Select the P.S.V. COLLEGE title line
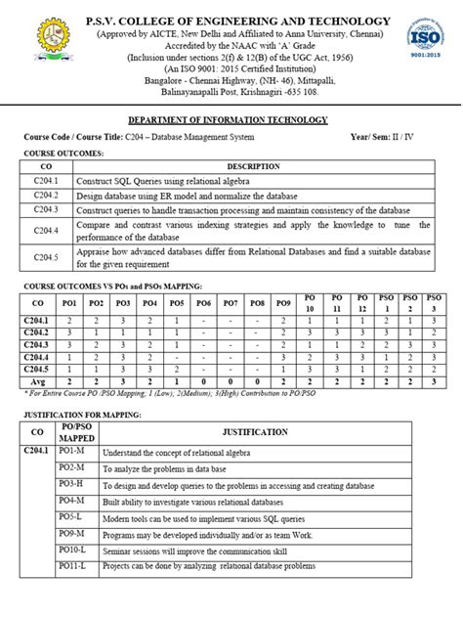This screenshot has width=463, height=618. click(x=231, y=22)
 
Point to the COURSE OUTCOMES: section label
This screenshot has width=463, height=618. click(x=63, y=153)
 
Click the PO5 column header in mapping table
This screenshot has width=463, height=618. click(x=177, y=304)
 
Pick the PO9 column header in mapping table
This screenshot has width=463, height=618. click(x=283, y=304)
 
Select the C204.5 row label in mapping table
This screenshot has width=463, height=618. click(x=37, y=369)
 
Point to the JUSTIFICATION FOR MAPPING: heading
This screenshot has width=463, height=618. click(x=84, y=415)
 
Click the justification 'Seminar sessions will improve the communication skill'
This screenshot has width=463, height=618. click(x=189, y=550)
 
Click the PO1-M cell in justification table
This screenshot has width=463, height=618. click(x=71, y=450)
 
